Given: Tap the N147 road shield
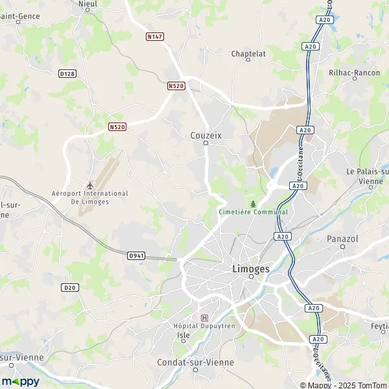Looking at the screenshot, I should [x=154, y=37].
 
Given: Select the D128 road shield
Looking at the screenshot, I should [x=67, y=74].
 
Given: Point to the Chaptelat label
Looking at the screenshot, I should [x=249, y=54].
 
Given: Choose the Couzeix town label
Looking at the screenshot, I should [x=206, y=136].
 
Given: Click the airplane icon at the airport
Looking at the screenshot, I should [x=90, y=184].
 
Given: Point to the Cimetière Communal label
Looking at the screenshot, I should [x=253, y=212].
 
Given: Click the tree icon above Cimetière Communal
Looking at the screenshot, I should [x=253, y=203].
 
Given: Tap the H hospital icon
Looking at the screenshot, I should [x=206, y=318].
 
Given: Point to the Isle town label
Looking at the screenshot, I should [x=183, y=335].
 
